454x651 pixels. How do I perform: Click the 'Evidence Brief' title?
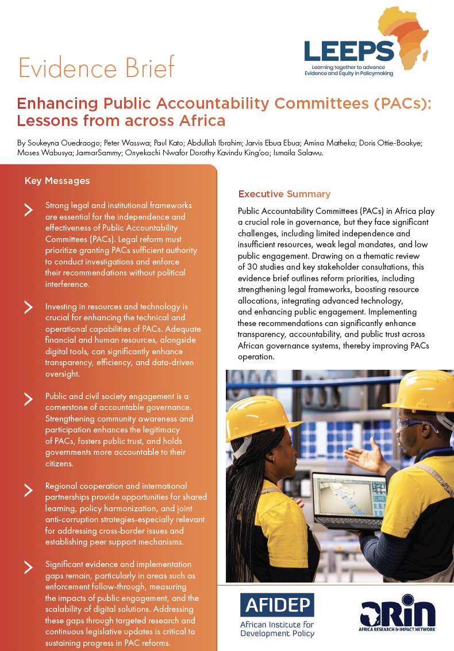[x=97, y=68]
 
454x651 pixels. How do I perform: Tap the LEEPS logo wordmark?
[x=349, y=51]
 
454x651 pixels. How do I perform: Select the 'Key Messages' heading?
[x=57, y=181]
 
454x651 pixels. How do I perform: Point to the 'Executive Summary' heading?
[x=284, y=194]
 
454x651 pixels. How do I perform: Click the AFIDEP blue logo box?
[x=277, y=604]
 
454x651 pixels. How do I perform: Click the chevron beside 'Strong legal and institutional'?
[x=28, y=209]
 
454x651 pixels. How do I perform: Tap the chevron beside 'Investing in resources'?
[x=28, y=307]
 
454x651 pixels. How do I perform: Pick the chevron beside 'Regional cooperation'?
[x=28, y=490]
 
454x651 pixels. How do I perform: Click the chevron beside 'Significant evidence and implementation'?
[x=28, y=568]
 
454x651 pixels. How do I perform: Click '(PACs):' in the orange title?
[x=401, y=104]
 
